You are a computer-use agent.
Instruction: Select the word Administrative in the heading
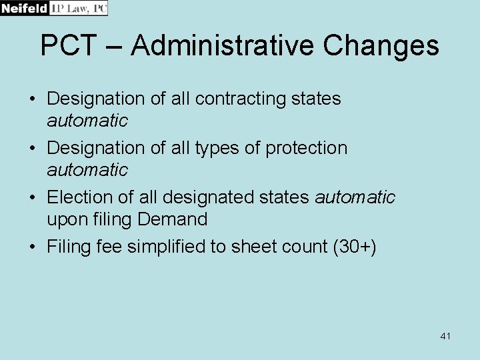coord(222,46)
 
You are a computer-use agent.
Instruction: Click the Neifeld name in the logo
coord(24,8)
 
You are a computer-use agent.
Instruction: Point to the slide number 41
coord(445,336)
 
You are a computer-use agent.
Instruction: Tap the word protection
coord(307,148)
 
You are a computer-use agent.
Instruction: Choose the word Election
coord(79,197)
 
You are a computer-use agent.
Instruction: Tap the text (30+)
coord(355,247)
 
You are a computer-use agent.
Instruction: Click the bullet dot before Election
coord(32,198)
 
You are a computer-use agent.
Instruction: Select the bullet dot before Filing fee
coord(32,247)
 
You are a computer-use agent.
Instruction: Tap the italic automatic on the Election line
coord(355,197)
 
